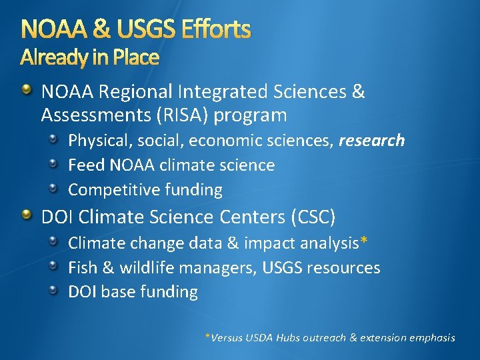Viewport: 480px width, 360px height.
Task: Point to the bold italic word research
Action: tap(371, 140)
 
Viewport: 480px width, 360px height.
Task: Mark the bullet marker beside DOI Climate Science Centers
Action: tap(26, 215)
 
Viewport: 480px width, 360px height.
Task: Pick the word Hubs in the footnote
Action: tap(287, 337)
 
